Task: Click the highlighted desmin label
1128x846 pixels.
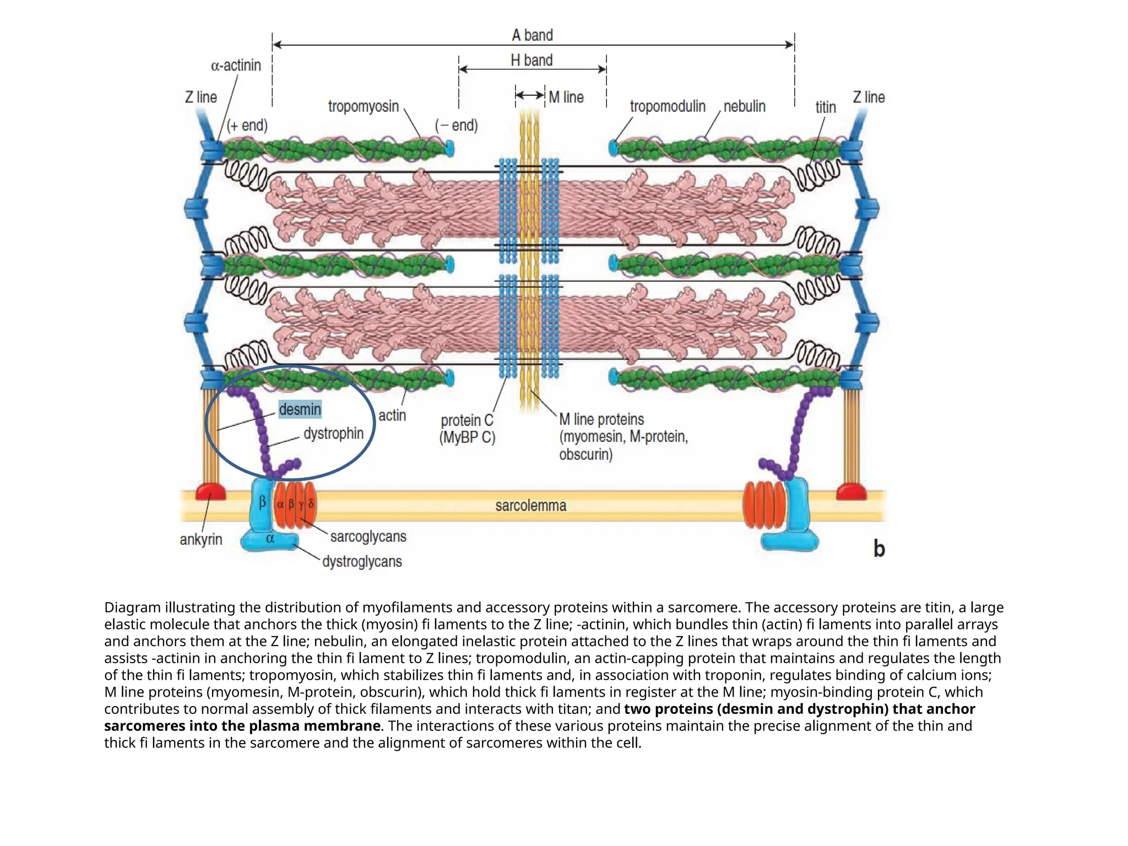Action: coord(300,409)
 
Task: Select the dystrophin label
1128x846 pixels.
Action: coord(333,433)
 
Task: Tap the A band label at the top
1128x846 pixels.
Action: coord(532,35)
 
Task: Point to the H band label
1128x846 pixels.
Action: coord(531,60)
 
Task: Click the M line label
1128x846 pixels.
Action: coord(566,97)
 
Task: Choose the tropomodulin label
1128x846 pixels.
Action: coord(667,106)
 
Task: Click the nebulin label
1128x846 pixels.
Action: coord(744,106)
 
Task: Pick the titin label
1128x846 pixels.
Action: coord(825,107)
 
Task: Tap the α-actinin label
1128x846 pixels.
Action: coord(236,66)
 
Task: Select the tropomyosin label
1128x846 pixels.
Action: coord(363,106)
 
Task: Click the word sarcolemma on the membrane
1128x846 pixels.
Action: coord(530,506)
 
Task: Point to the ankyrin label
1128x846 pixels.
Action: coord(201,539)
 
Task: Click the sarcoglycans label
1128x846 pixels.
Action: coord(368,536)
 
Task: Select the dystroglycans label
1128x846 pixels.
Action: coord(362,562)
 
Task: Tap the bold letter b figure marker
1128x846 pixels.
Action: coord(878,549)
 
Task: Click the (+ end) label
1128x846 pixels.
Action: coord(247,126)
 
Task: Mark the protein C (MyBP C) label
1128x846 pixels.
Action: coord(467,429)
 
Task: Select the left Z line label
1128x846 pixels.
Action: coord(201,97)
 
